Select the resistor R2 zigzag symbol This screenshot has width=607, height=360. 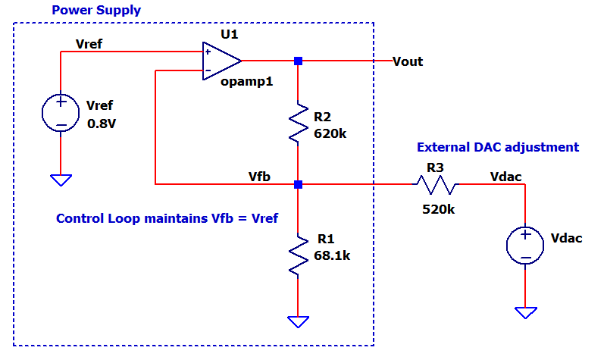[x=299, y=122]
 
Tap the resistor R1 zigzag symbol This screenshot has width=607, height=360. [x=299, y=255]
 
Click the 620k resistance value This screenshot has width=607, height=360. [x=330, y=133]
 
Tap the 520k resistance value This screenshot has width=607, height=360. [x=439, y=209]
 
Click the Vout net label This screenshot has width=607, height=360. [x=408, y=61]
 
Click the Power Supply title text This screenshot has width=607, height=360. [x=96, y=11]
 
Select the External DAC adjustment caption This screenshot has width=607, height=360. [x=498, y=147]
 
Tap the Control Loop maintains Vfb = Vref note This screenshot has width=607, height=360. [x=167, y=218]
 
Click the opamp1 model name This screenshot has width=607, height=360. [x=247, y=81]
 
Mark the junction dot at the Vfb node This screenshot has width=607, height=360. [x=299, y=184]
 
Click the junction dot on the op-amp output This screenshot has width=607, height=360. [x=299, y=61]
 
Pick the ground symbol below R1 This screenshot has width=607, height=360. [x=299, y=321]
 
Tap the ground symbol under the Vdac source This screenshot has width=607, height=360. [x=525, y=312]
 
